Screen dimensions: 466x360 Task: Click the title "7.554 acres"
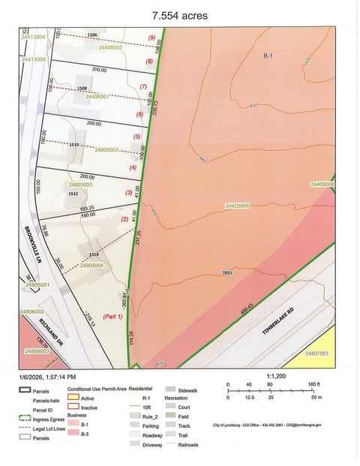point(179,15)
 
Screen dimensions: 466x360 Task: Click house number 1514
point(94,255)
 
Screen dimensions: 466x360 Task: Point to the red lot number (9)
point(151,38)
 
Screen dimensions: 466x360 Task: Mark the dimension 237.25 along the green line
point(139,237)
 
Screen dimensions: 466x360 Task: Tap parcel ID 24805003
point(80,184)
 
